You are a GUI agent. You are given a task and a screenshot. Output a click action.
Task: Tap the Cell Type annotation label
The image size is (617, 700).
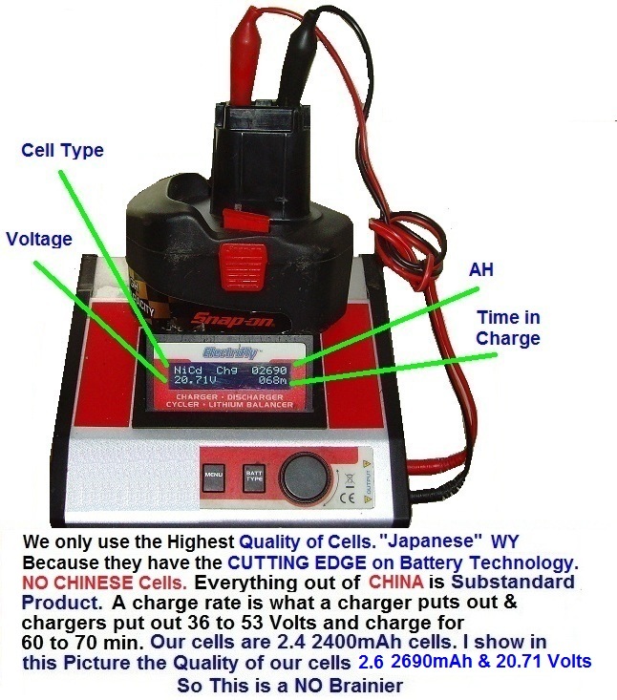click(x=62, y=150)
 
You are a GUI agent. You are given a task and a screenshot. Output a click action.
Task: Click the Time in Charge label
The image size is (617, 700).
click(x=509, y=328)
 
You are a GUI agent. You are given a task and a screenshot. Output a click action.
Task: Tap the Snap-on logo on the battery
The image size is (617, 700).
click(x=227, y=319)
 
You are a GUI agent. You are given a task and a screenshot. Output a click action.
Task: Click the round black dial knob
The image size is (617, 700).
click(x=304, y=473)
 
